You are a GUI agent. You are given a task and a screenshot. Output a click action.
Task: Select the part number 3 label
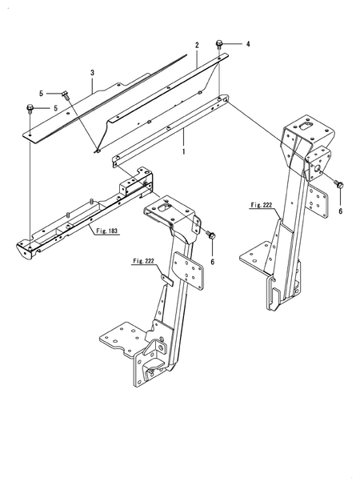point(93,73)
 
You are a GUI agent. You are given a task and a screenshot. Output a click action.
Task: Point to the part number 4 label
point(248,43)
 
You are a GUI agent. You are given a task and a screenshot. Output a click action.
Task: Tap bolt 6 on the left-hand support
point(210,237)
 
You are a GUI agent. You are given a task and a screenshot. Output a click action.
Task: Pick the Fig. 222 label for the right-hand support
point(262,205)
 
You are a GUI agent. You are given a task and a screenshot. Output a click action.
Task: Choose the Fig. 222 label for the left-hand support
point(145,261)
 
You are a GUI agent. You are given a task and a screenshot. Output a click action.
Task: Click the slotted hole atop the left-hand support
point(165,208)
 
